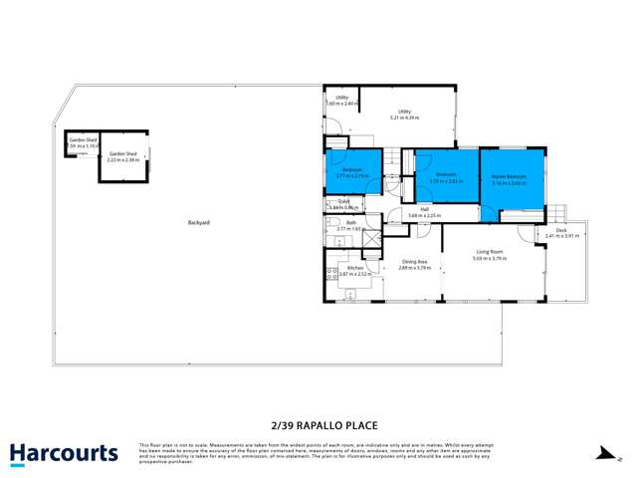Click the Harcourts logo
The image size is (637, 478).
pyautogui.click(x=64, y=454)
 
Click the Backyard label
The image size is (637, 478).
pyautogui.click(x=198, y=222)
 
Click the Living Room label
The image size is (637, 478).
pyautogui.click(x=489, y=253)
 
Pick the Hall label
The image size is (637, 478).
pyautogui.click(x=424, y=209)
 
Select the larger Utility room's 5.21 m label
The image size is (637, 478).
pyautogui.click(x=404, y=118)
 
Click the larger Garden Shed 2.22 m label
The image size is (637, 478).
pyautogui.click(x=122, y=158)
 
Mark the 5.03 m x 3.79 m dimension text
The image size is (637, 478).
pyautogui.click(x=489, y=259)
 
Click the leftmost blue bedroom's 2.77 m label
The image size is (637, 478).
pyautogui.click(x=352, y=175)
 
